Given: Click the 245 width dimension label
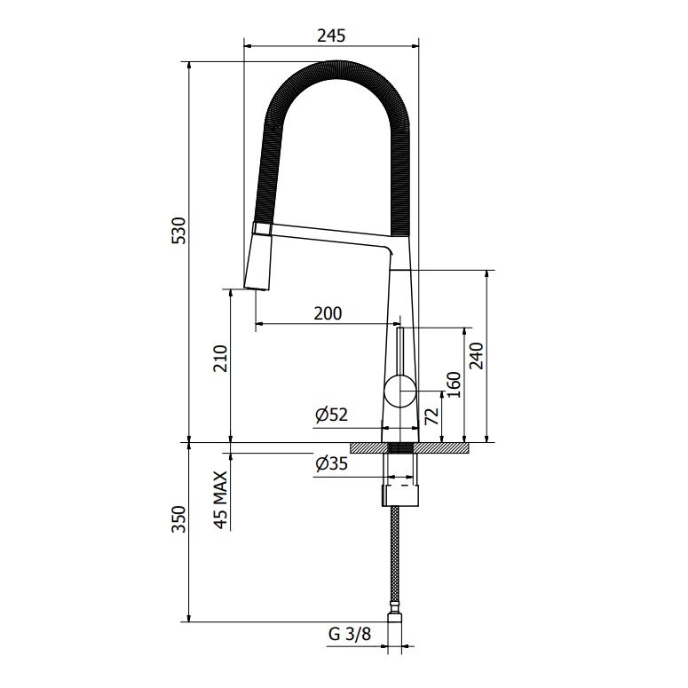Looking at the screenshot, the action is tap(331, 36).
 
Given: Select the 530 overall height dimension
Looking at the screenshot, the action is tap(179, 230).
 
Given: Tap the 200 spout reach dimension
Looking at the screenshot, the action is tap(328, 313).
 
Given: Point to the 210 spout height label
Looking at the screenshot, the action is tap(221, 359).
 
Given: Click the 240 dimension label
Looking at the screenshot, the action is tap(476, 356).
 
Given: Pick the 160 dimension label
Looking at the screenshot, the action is tap(455, 384).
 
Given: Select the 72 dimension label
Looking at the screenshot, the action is tap(432, 416).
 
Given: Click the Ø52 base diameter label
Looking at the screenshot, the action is tap(331, 415).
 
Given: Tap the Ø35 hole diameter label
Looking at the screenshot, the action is tap(331, 463).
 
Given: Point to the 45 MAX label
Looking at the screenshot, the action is tap(221, 500).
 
